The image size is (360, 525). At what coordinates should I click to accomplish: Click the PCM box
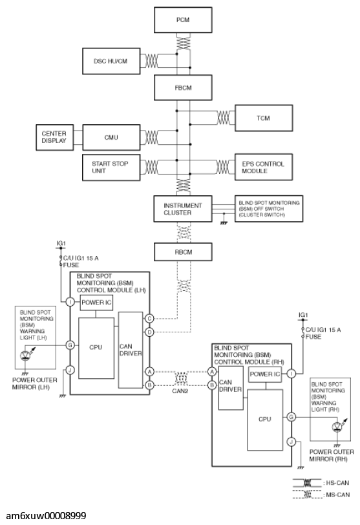tap(183, 20)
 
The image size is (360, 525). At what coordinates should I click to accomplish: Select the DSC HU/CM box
tap(111, 61)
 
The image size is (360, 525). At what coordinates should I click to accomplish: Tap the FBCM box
tap(183, 88)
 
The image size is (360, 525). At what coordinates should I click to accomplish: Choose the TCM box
tap(264, 118)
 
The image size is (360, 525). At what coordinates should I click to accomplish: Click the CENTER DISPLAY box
tap(54, 137)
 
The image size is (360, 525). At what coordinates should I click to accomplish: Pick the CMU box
tap(111, 137)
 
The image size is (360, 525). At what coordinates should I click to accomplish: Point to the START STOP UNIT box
tap(111, 167)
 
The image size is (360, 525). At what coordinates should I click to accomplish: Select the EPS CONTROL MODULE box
tap(264, 167)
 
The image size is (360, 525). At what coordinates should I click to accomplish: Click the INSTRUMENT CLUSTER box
tap(183, 209)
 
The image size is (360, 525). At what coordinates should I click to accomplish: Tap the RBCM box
tap(183, 252)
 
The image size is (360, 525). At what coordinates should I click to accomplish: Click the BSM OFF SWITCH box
tap(269, 209)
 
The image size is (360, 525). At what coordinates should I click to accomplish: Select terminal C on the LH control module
tap(149, 318)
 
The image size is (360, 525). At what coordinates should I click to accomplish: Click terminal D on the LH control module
tap(149, 332)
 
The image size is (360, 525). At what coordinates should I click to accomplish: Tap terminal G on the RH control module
tap(291, 417)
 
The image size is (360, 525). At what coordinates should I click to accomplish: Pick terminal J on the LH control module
tap(70, 370)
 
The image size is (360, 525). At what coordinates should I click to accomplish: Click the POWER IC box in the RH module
tap(264, 374)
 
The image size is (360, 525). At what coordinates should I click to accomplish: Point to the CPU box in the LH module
tap(96, 348)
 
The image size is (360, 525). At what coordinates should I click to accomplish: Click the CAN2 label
tap(180, 391)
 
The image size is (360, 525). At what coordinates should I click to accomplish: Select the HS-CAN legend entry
tap(321, 483)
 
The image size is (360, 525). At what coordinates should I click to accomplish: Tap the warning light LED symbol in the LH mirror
tap(26, 355)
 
